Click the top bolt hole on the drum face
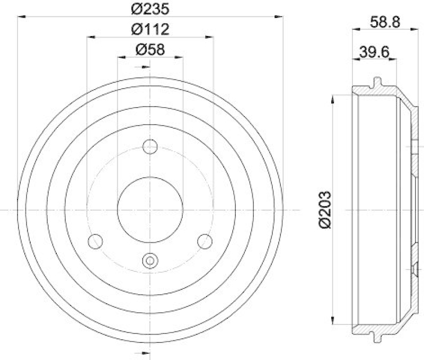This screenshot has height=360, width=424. point(151,146)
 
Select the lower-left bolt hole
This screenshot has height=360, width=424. point(95,241)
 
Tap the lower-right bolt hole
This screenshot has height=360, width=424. point(205,241)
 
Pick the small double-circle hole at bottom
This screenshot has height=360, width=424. point(151,260)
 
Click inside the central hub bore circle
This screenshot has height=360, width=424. point(151,209)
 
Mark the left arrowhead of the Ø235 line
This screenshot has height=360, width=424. point(22,17)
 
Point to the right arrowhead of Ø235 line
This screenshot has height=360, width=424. point(279,17)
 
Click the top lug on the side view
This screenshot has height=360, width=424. point(377,82)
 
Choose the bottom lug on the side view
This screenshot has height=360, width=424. point(377,338)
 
